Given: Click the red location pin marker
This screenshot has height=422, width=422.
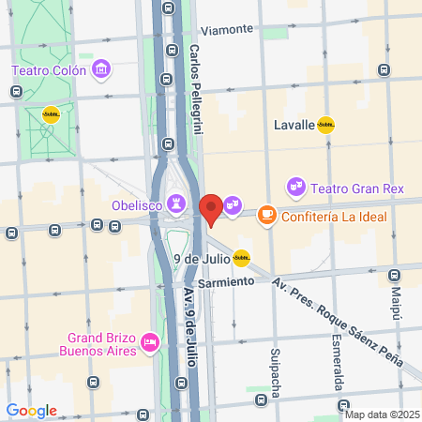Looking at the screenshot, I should click(211, 208).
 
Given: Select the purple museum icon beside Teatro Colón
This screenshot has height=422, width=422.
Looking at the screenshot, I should click(101, 68).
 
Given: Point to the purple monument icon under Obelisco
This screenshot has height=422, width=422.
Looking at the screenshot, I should click(176, 202).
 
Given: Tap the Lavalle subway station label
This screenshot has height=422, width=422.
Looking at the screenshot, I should click(294, 125).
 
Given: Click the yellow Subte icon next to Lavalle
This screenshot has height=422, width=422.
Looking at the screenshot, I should click(325, 125).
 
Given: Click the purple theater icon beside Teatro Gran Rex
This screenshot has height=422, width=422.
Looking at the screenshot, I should click(296, 188).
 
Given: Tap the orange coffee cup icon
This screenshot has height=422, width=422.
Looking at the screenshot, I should click(266, 215).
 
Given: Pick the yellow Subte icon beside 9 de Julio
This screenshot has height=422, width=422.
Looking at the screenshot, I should click(242, 257).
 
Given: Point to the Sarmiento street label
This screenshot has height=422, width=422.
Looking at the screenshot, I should click(226, 280).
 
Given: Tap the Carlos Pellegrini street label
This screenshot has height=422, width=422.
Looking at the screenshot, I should click(196, 90).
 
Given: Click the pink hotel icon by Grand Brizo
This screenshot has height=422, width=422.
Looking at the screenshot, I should click(148, 345).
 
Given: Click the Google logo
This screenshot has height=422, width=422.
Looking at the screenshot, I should click(31, 411).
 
